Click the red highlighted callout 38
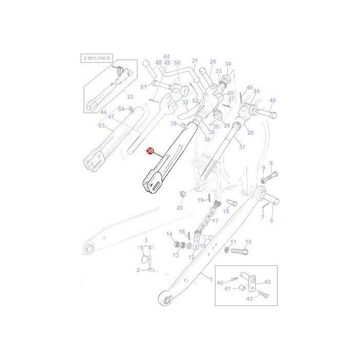(150, 151)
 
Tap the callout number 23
(130, 97)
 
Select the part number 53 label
(101, 126)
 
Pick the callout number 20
(179, 208)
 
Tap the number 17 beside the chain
(215, 221)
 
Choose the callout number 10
(248, 242)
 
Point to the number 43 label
(249, 299)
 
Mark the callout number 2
(138, 270)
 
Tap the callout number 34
(228, 64)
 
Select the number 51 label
(143, 87)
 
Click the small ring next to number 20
(182, 193)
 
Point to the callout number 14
(169, 235)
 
